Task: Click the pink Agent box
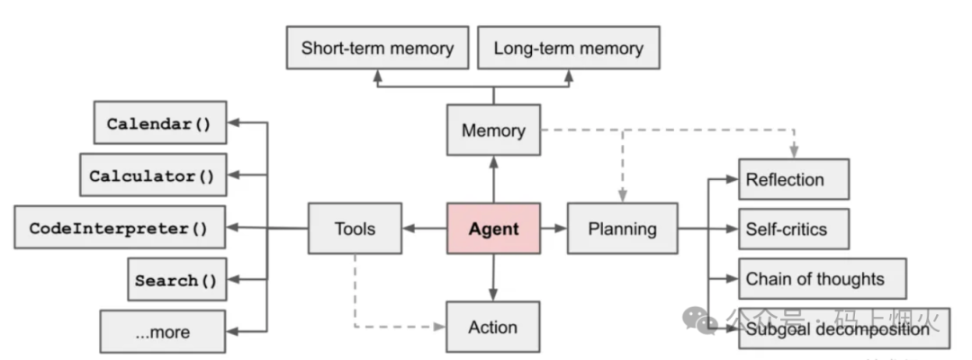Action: click(493, 229)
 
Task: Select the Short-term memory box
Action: click(377, 48)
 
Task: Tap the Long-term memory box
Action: click(568, 48)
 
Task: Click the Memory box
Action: click(493, 130)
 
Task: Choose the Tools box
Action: click(355, 229)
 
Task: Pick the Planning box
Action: click(622, 229)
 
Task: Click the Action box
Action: click(493, 327)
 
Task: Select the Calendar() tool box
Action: click(159, 123)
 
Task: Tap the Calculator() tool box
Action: click(152, 175)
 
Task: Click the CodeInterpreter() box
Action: click(119, 228)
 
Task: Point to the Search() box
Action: click(175, 280)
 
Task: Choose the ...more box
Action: click(163, 331)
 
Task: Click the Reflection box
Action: click(794, 179)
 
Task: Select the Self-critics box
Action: click(794, 229)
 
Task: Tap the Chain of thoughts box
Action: click(821, 278)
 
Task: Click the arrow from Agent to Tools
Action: click(425, 229)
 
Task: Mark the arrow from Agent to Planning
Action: click(554, 229)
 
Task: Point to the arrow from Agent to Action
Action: click(493, 278)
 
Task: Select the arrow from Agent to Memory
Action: click(493, 178)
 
